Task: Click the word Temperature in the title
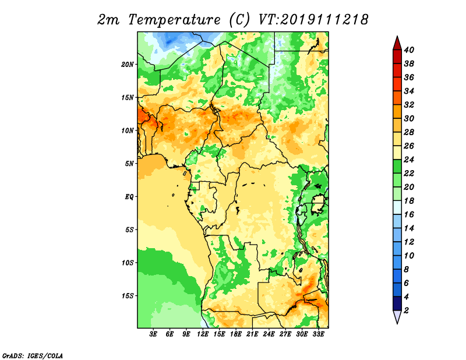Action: [x=174, y=20]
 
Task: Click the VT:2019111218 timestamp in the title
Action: [x=313, y=20]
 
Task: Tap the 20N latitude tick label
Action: [x=128, y=65]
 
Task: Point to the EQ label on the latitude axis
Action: [x=129, y=197]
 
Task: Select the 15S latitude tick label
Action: [x=128, y=296]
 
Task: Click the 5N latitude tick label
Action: [x=129, y=164]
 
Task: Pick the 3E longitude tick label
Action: [x=153, y=334]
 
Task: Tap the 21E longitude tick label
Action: [x=252, y=334]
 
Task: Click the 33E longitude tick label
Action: [x=318, y=334]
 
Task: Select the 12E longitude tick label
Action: [x=203, y=334]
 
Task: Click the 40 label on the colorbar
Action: [x=409, y=50]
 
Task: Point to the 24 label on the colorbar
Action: [x=409, y=160]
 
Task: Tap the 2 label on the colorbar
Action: [x=406, y=310]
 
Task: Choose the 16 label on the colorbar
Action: [x=409, y=214]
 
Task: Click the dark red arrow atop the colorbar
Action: [x=397, y=43]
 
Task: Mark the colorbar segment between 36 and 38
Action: [x=397, y=70]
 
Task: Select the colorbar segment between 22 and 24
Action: [x=397, y=167]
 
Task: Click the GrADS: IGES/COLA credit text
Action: [x=33, y=356]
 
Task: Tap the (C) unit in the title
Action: [x=239, y=20]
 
